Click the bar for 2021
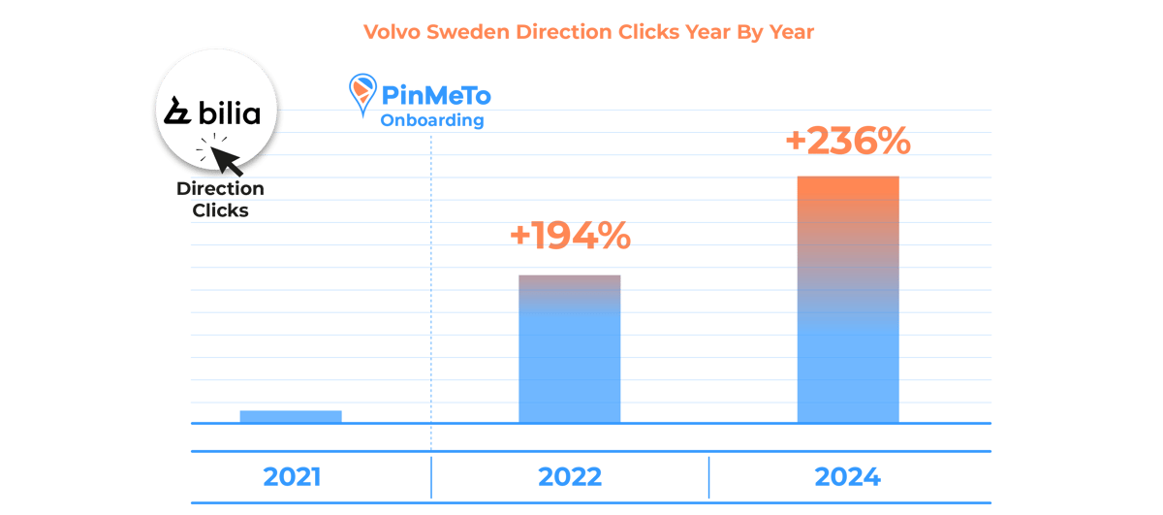tap(291, 416)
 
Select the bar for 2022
tap(570, 349)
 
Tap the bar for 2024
tap(848, 301)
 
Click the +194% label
tap(570, 236)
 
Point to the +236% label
tap(848, 142)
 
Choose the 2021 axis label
tap(291, 477)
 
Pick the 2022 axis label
tap(570, 477)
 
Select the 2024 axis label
tap(848, 477)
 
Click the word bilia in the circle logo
tap(229, 113)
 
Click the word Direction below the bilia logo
tap(220, 189)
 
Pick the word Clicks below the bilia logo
tap(220, 209)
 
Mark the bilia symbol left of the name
tap(178, 113)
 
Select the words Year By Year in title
tap(747, 31)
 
